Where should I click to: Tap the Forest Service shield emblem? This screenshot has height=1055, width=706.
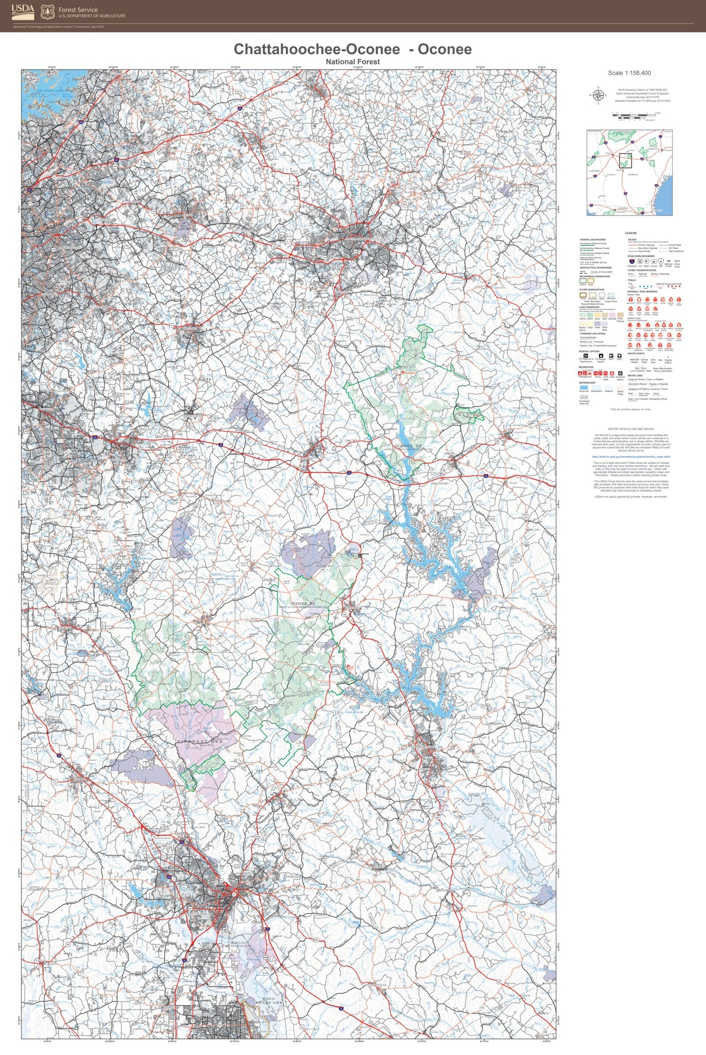(x=47, y=12)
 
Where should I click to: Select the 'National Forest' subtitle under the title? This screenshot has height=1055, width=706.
(x=353, y=62)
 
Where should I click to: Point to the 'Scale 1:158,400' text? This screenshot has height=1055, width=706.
(x=629, y=73)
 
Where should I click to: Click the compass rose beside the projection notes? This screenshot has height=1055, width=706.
(x=597, y=95)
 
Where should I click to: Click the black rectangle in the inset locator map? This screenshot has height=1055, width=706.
(x=625, y=160)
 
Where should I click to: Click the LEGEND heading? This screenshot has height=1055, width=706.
(x=630, y=233)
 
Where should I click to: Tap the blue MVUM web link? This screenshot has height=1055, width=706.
(x=631, y=457)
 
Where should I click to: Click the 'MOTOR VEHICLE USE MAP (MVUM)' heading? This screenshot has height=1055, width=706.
(x=631, y=429)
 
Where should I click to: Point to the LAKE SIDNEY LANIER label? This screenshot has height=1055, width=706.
(x=50, y=91)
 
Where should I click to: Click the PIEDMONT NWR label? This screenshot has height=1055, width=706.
(x=199, y=742)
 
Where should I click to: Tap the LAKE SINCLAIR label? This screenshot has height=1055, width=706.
(x=355, y=712)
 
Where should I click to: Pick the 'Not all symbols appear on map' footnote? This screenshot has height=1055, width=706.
(x=630, y=409)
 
